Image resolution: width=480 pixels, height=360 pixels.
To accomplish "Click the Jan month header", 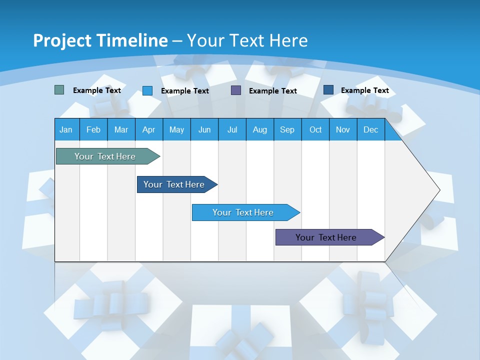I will pyautogui.click(x=66, y=129).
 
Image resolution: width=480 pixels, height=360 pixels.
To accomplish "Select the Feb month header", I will pyautogui.click(x=93, y=129).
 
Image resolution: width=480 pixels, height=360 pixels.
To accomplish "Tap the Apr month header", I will pyautogui.click(x=148, y=129).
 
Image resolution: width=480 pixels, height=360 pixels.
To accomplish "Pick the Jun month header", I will pyautogui.click(x=204, y=129).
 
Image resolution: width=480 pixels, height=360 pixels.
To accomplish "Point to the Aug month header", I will pyautogui.click(x=259, y=129).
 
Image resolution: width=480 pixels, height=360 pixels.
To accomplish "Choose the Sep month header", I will pyautogui.click(x=287, y=129).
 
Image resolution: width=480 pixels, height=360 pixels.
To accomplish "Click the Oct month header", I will pyautogui.click(x=315, y=129).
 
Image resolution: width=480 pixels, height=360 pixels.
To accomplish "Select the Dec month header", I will pyautogui.click(x=370, y=129).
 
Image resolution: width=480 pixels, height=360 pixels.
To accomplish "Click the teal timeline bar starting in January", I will pyautogui.click(x=105, y=156).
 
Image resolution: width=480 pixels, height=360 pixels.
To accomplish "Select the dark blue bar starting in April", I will pyautogui.click(x=174, y=184).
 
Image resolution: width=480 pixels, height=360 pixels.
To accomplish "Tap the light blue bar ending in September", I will pyautogui.click(x=243, y=212).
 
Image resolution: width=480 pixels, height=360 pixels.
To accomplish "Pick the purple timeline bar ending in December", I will pyautogui.click(x=326, y=237).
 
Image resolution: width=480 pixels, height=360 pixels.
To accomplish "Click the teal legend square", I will pyautogui.click(x=59, y=90).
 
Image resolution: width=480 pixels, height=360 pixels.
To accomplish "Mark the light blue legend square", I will pyautogui.click(x=147, y=90).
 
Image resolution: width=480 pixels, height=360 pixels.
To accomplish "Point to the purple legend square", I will pyautogui.click(x=236, y=90).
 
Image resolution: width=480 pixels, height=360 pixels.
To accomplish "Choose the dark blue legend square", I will pyautogui.click(x=328, y=90).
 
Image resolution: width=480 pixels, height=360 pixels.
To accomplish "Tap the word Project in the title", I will pyautogui.click(x=58, y=40).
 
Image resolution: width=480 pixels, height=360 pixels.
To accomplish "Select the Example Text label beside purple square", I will pyautogui.click(x=273, y=91).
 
